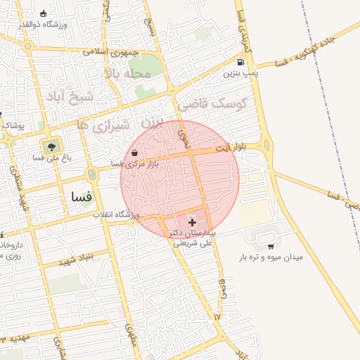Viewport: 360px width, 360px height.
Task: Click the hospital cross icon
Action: pyautogui.click(x=192, y=222)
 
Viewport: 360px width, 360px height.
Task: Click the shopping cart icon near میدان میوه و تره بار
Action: pyautogui.click(x=270, y=246)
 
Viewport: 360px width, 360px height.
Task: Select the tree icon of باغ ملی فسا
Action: pyautogui.click(x=50, y=148)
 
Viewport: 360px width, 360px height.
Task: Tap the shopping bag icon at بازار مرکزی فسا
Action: pyautogui.click(x=134, y=153)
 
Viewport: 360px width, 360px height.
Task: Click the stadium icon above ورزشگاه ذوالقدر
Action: pyautogui.click(x=44, y=13)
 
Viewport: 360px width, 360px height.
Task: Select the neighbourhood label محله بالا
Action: pyautogui.click(x=127, y=73)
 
